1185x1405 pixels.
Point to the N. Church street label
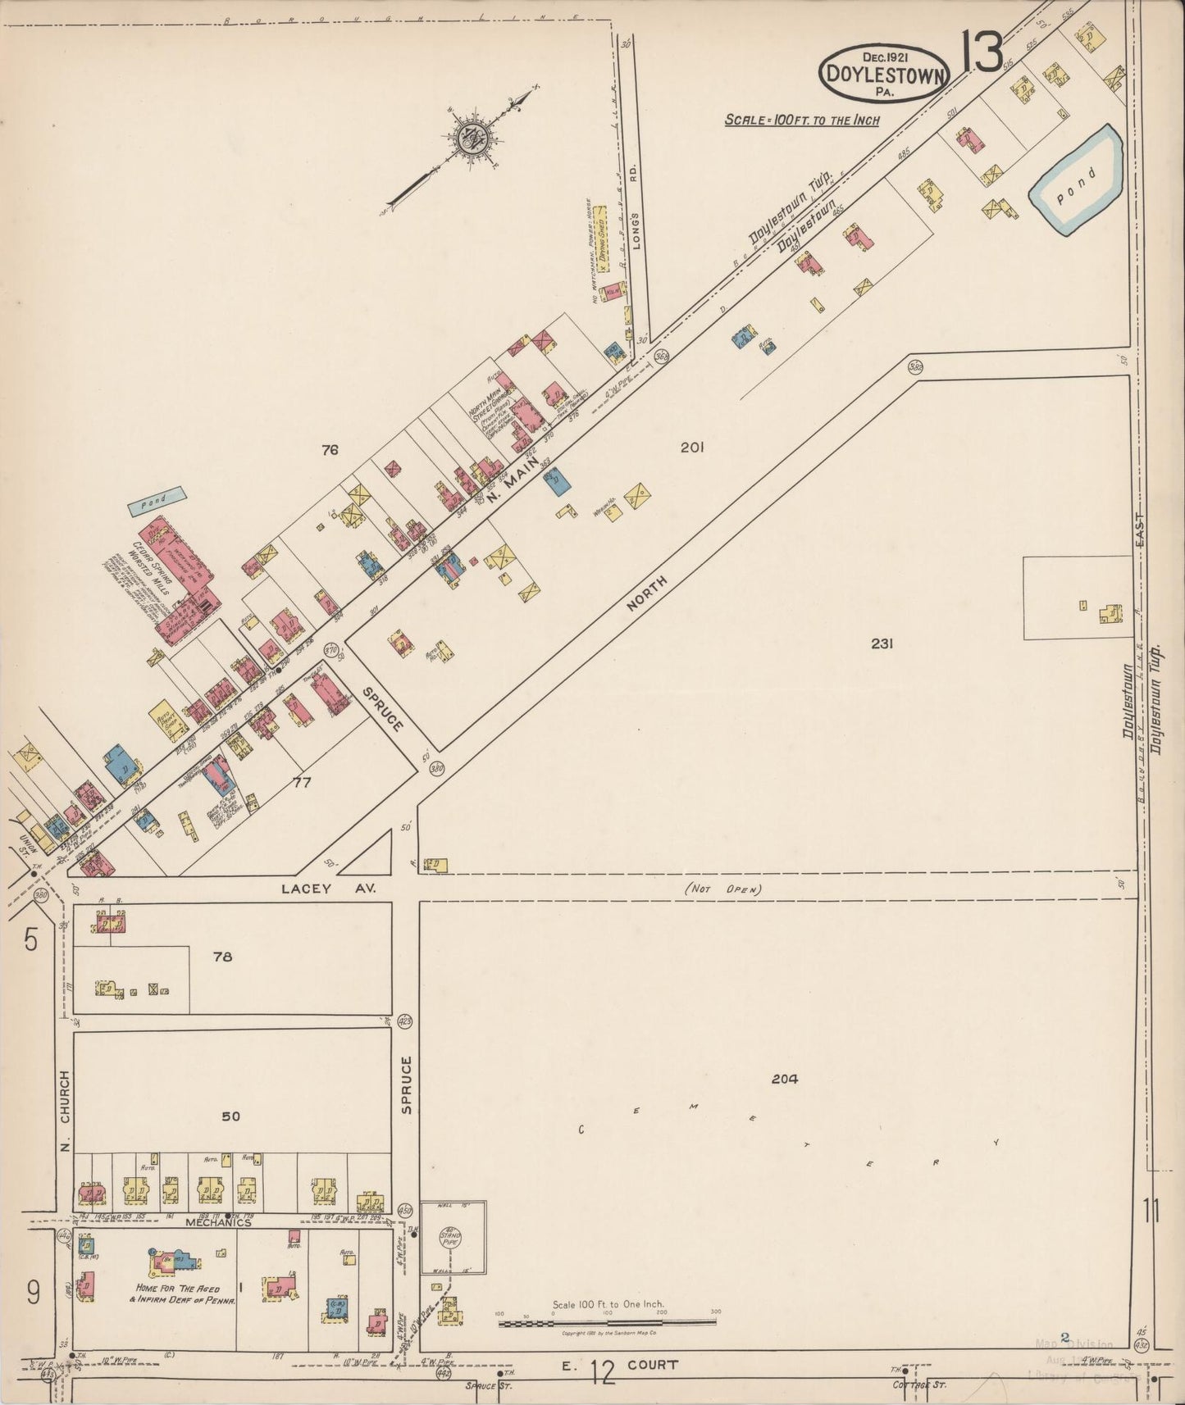[x=65, y=1112]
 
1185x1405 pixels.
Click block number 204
[x=784, y=1079]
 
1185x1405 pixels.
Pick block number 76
[x=330, y=449]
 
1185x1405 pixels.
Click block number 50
[x=230, y=1116]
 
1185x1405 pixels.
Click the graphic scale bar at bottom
[x=607, y=1322]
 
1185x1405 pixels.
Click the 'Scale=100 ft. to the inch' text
[x=801, y=120]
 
